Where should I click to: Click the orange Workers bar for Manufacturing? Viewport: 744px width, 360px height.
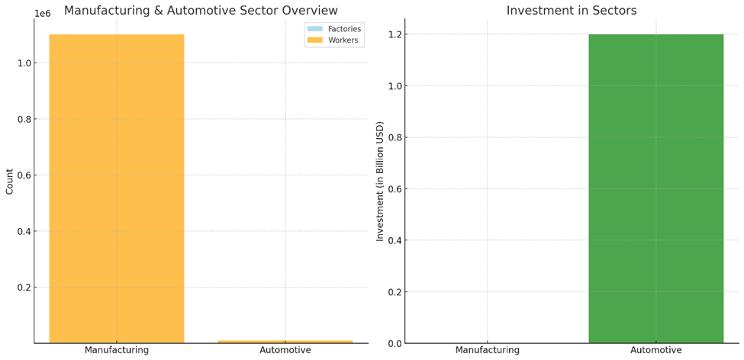pos(117,188)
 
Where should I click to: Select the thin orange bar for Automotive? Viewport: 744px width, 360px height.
pos(285,342)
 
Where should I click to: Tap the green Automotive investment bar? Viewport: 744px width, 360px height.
pos(655,188)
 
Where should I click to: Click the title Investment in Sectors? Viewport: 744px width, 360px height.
pos(572,11)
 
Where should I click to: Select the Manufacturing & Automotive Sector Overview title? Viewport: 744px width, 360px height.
pos(201,10)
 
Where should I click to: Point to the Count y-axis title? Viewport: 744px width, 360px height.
pos(9,182)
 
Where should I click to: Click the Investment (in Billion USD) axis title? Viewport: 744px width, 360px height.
pos(380,182)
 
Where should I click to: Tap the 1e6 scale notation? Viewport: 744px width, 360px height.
pos(43,14)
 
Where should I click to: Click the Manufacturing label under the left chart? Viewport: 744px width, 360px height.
pos(117,351)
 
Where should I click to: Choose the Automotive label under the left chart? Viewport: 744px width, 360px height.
pos(285,351)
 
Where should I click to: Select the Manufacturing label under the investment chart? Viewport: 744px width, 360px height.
pos(488,351)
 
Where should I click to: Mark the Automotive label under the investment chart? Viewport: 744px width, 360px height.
pos(655,351)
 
